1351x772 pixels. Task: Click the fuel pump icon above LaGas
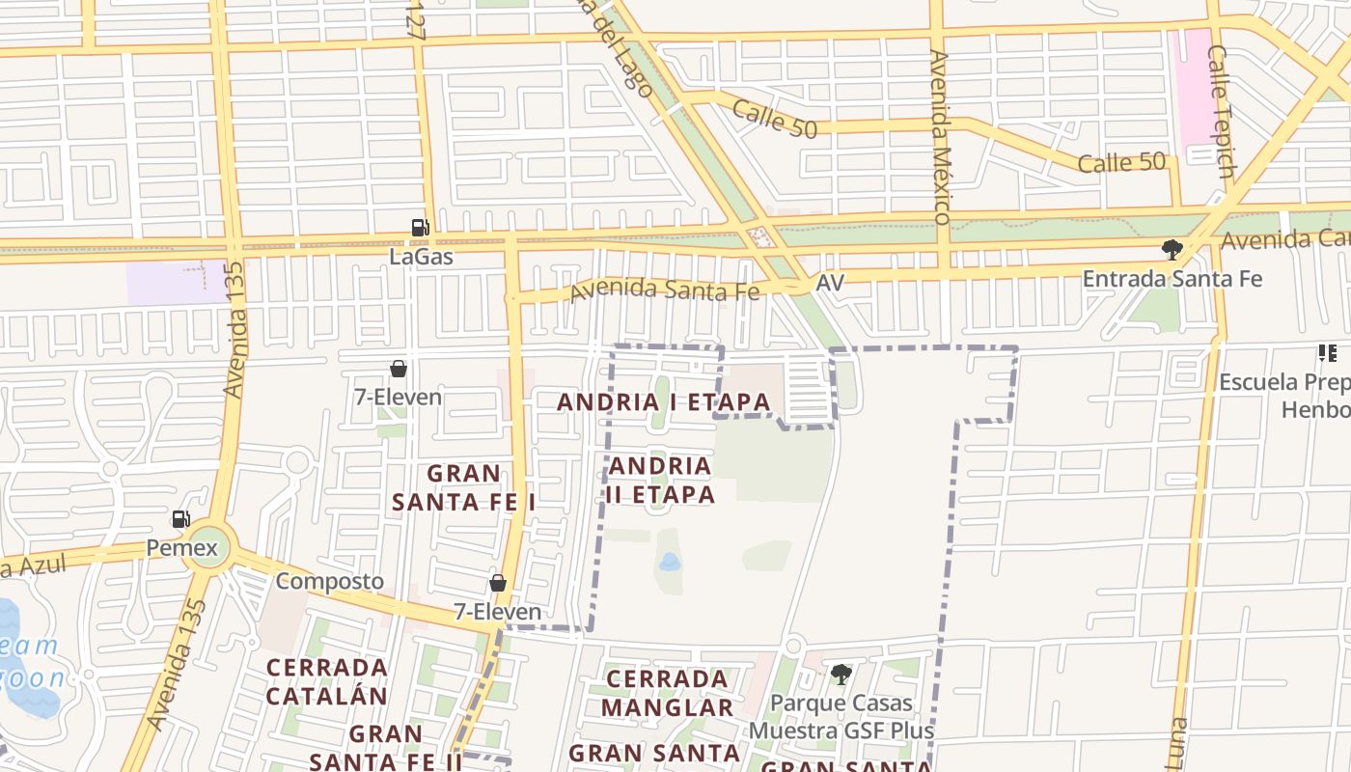point(420,228)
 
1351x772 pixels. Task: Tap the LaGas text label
point(421,257)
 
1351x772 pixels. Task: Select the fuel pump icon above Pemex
point(180,519)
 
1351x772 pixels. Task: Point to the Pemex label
point(176,548)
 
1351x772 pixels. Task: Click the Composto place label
point(330,581)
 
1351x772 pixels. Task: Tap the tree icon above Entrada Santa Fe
point(1172,250)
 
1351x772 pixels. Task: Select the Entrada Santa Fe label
point(1172,279)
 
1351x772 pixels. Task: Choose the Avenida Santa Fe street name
point(665,289)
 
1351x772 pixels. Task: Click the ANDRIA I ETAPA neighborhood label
point(664,401)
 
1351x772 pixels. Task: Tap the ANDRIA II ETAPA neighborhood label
point(661,480)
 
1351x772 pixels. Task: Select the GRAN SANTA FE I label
point(464,487)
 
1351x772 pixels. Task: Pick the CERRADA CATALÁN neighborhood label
point(326,681)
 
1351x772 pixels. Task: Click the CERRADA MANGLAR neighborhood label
point(667,693)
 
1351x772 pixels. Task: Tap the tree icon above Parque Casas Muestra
point(841,674)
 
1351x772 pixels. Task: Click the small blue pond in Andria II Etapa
point(669,562)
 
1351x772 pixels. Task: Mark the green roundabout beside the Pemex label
point(209,547)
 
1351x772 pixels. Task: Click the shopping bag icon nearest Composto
point(498,583)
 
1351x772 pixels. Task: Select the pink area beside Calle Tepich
point(1192,87)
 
